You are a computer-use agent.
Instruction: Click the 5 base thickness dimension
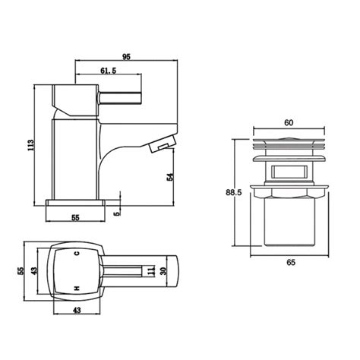116,213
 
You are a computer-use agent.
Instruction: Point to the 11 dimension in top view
153,270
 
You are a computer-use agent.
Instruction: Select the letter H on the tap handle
76,288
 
